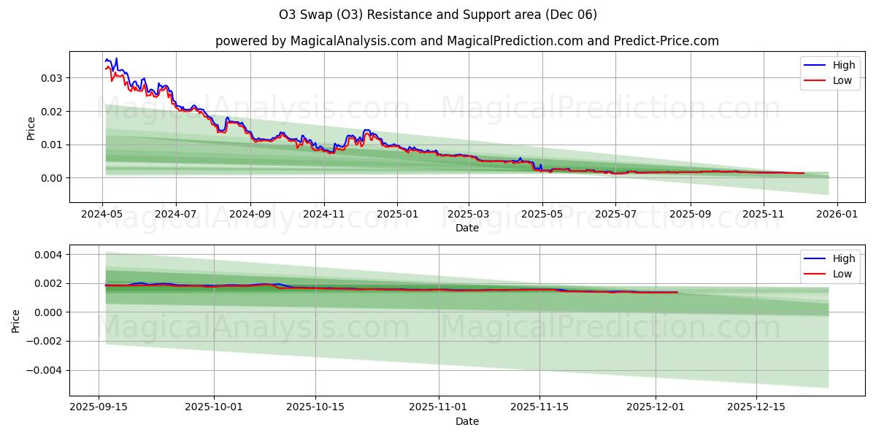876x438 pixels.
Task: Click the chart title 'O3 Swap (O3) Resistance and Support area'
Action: [438, 15]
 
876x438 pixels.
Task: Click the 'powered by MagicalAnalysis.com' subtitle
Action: [467, 41]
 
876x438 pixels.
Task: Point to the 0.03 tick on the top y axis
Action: [50, 78]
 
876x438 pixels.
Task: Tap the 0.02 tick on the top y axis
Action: [50, 111]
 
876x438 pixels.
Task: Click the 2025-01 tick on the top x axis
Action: [397, 215]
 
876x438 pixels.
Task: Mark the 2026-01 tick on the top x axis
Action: [837, 215]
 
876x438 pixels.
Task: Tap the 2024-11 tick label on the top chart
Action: [323, 215]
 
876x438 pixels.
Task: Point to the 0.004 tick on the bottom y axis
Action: [47, 255]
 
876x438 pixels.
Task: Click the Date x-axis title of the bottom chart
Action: [467, 421]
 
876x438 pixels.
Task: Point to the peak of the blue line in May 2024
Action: [116, 58]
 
